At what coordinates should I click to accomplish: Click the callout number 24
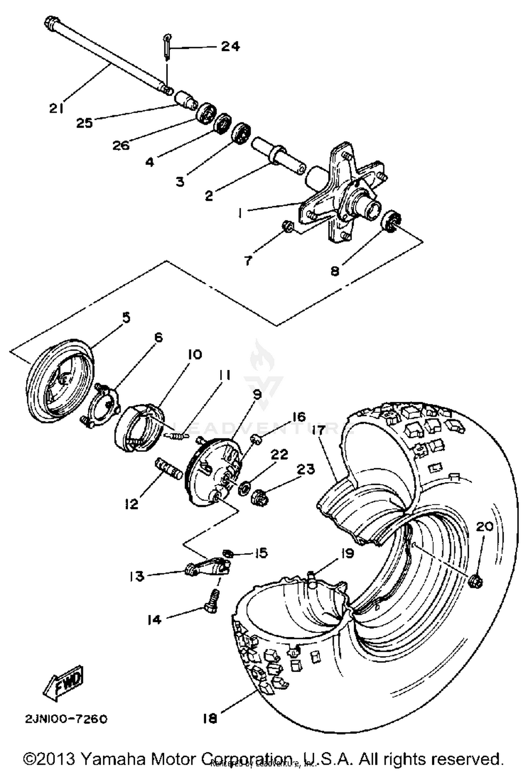(x=230, y=46)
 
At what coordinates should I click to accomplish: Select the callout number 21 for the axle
(x=56, y=109)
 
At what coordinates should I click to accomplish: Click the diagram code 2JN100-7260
(x=66, y=719)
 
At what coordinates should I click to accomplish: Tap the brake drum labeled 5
(x=60, y=382)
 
